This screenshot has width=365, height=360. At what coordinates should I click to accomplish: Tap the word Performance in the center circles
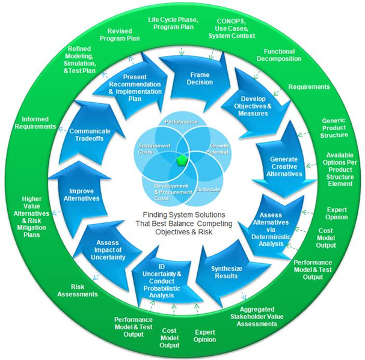click(182, 121)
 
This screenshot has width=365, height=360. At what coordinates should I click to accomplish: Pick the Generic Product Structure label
click(334, 127)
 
